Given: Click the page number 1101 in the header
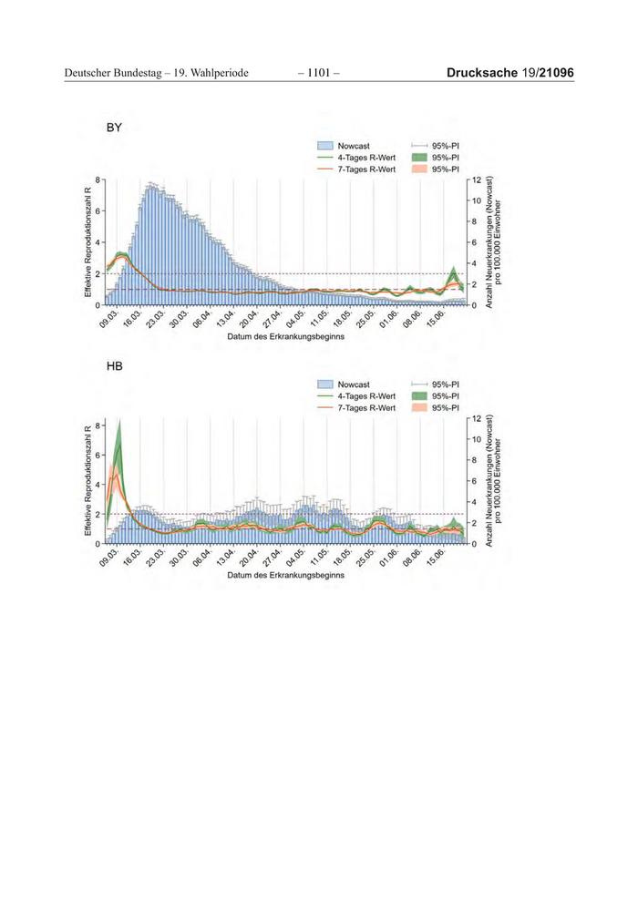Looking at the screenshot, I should (x=318, y=72).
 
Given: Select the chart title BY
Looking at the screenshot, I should (x=114, y=128).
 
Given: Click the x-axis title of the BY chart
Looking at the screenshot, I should (x=285, y=337).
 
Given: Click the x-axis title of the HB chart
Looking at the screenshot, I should (x=285, y=576).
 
